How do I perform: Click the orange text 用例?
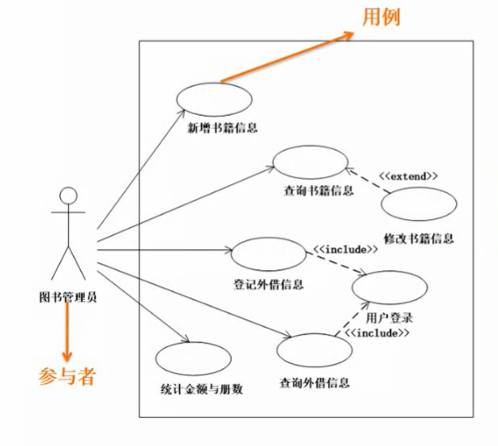pos(381,17)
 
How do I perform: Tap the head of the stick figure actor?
pos(69,196)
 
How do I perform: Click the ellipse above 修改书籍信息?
pos(418,205)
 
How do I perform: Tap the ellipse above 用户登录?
pos(389,287)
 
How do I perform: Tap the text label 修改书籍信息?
pos(419,238)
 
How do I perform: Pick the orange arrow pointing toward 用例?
pos(288,57)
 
